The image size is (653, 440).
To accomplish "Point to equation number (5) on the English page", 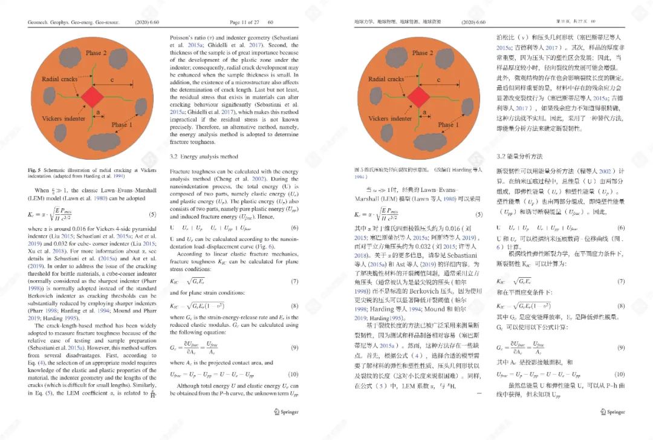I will [152, 215].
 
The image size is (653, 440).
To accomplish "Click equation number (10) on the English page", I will [294, 375].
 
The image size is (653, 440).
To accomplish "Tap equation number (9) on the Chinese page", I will [621, 348].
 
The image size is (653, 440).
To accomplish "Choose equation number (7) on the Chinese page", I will [621, 282].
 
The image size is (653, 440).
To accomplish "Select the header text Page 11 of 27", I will [244, 22].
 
